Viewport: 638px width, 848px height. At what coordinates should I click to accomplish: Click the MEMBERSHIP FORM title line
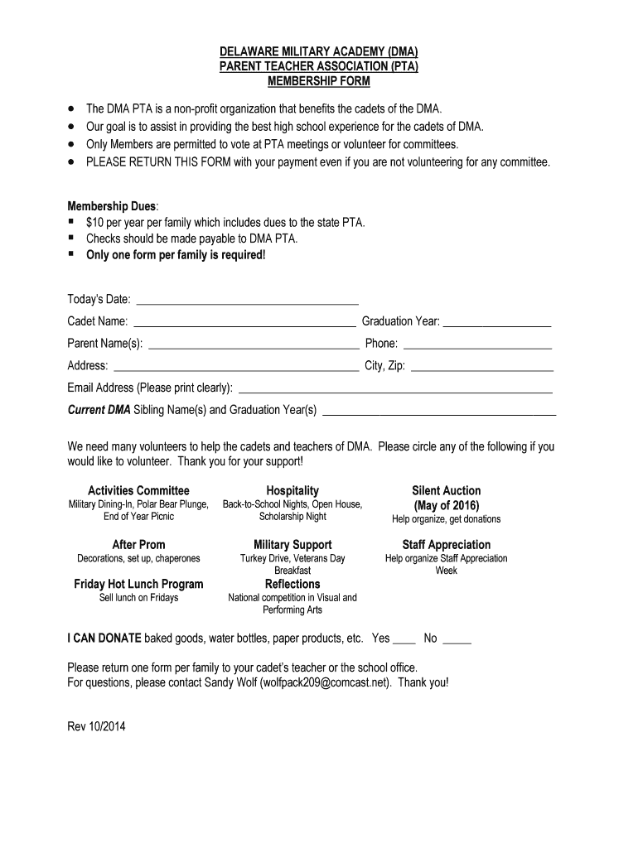(x=319, y=81)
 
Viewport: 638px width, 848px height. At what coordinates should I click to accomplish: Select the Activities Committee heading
(x=138, y=490)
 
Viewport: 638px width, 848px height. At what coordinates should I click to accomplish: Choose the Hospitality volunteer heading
(x=292, y=490)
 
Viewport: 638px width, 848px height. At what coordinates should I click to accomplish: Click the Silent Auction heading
(x=446, y=490)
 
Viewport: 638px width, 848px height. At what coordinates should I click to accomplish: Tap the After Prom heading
(x=138, y=544)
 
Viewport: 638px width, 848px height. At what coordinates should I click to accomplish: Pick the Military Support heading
(x=292, y=544)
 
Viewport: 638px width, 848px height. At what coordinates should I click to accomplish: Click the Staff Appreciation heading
(x=446, y=544)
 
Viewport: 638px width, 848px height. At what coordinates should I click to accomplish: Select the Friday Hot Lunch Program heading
(x=138, y=584)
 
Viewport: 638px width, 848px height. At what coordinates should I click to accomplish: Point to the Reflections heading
(x=292, y=584)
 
